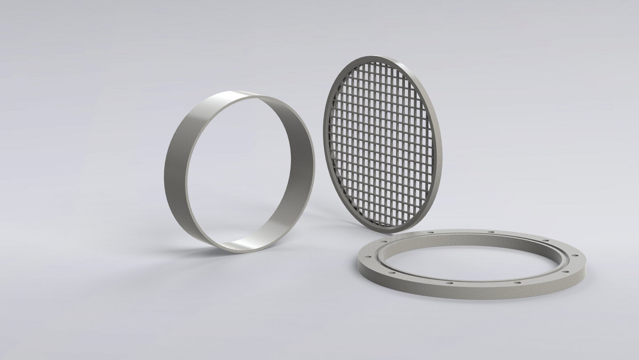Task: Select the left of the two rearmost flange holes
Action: (431, 232)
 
